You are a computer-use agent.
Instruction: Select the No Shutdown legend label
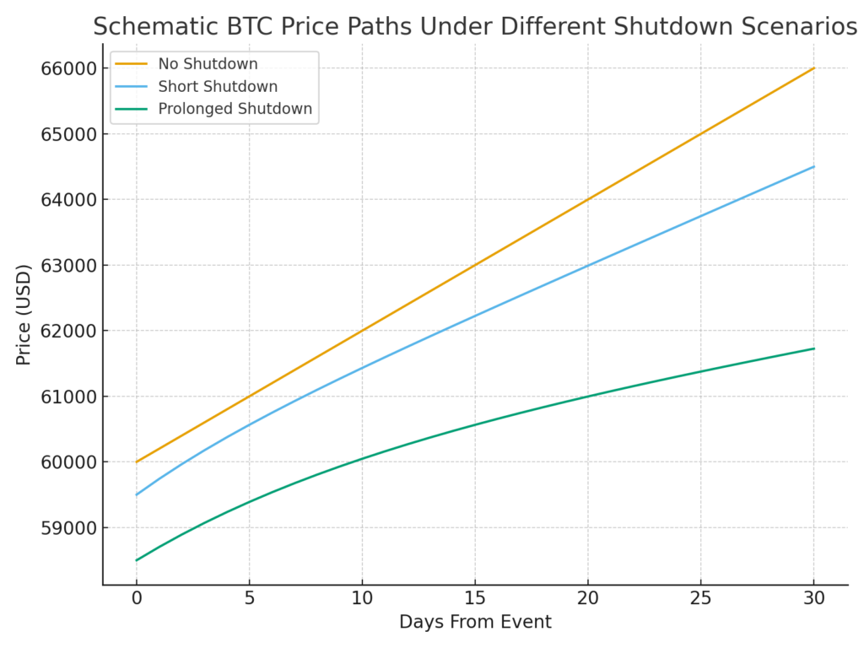(x=208, y=64)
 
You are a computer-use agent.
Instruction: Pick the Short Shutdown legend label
(x=218, y=86)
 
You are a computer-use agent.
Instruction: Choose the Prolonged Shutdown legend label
(x=235, y=109)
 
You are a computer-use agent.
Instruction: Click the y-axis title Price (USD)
(x=24, y=314)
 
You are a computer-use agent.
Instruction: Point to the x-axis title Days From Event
(x=475, y=623)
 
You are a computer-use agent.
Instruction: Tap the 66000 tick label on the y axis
(x=68, y=68)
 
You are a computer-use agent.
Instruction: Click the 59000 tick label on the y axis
(x=68, y=528)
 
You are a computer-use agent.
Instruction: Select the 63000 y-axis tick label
(x=68, y=266)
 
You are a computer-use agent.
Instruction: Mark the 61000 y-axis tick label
(x=68, y=397)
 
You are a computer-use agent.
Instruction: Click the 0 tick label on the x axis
(x=137, y=599)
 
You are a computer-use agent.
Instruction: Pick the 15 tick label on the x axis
(x=475, y=599)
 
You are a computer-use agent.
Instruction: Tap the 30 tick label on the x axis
(x=813, y=599)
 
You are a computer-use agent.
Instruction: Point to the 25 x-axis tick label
(x=700, y=599)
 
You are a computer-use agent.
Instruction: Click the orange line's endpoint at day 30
(x=813, y=67)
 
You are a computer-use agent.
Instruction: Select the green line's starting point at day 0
(x=137, y=560)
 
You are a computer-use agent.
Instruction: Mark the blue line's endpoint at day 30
(x=813, y=166)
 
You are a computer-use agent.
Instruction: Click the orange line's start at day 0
(x=137, y=462)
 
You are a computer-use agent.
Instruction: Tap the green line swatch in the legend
(x=131, y=109)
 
